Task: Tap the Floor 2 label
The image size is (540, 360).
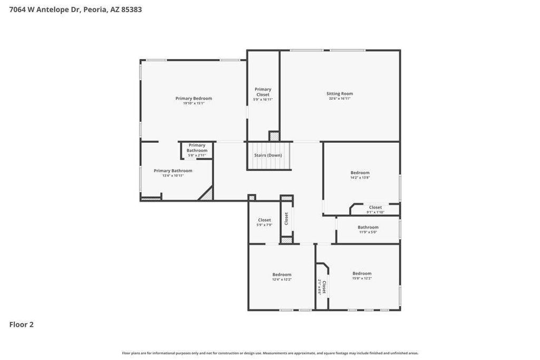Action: [x=22, y=325]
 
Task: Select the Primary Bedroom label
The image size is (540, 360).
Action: [x=194, y=98]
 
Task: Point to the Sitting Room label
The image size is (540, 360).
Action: [x=340, y=93]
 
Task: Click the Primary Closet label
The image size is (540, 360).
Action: [x=263, y=92]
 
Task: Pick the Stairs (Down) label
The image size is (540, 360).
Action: [x=268, y=155]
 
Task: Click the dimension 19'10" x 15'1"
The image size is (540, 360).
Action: [x=194, y=103]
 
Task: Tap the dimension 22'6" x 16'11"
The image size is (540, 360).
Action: [x=340, y=99]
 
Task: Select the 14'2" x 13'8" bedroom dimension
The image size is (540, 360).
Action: [x=360, y=178]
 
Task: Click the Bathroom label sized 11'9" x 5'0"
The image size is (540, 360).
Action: [x=368, y=227]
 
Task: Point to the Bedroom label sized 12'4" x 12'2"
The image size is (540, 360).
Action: [x=282, y=274]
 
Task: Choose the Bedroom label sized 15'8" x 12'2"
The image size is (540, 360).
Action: [x=362, y=273]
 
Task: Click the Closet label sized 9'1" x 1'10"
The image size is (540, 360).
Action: [x=375, y=207]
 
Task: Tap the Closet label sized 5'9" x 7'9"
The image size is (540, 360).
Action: [x=264, y=220]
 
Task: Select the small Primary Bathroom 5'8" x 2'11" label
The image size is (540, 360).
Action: [x=197, y=148]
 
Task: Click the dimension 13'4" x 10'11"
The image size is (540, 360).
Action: [x=173, y=176]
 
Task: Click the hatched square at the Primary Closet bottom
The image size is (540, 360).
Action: [x=274, y=136]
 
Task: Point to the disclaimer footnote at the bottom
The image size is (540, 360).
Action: [x=270, y=353]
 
